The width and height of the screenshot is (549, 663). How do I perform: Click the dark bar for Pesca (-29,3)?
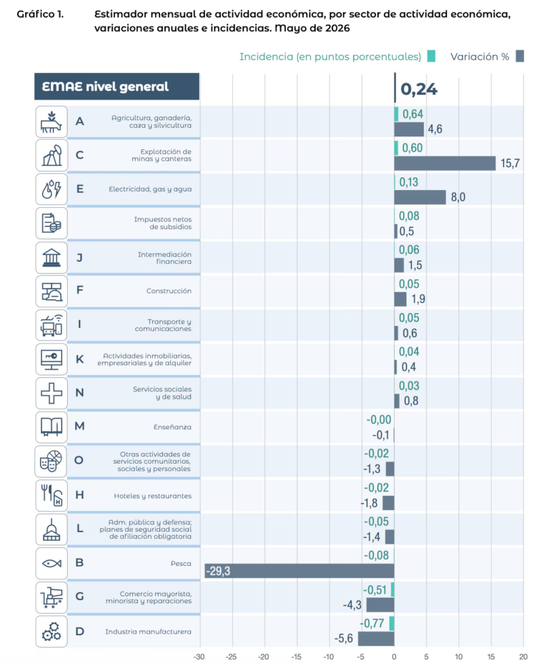[300, 571]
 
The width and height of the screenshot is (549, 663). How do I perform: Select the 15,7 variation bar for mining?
[445, 163]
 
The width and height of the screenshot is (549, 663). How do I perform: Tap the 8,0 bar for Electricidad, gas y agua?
[420, 197]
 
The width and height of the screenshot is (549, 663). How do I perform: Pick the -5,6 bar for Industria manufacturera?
[376, 639]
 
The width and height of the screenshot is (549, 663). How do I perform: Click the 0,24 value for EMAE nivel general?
[419, 89]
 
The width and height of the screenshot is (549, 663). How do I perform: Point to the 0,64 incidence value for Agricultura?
[412, 114]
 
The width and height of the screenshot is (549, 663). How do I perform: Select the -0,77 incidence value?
[372, 623]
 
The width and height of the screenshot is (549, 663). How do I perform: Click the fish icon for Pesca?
[51, 563]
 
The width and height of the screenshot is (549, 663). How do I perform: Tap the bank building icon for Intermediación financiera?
[51, 257]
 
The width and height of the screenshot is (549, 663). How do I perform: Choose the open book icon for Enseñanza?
[51, 427]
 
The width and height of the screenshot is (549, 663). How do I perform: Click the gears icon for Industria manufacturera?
[51, 632]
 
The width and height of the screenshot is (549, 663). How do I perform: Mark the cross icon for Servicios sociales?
[51, 393]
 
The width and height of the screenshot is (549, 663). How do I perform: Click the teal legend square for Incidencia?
[431, 56]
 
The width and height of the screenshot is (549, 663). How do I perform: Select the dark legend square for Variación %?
[520, 56]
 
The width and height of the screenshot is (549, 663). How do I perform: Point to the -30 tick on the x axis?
[199, 657]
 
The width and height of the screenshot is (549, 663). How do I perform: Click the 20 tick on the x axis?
[523, 657]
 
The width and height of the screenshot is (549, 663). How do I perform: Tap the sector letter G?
[79, 596]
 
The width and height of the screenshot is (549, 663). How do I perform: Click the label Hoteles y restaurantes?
[152, 496]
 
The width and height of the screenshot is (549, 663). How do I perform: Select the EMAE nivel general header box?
[117, 86]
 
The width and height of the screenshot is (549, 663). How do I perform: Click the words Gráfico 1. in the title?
[40, 14]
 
